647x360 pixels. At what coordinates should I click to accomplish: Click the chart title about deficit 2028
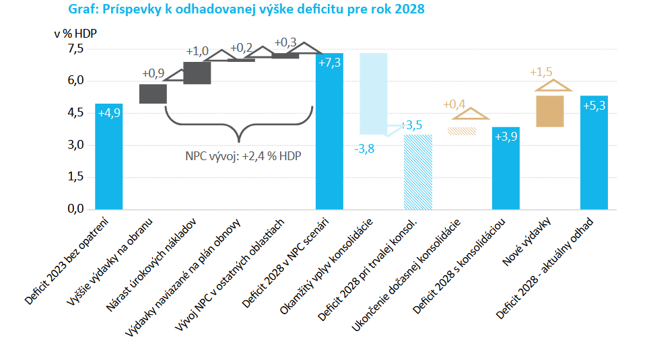(x=246, y=10)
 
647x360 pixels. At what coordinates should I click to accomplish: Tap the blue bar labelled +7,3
(x=329, y=131)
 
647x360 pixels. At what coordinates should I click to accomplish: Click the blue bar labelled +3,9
(x=506, y=168)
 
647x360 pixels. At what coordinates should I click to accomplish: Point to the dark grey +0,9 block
(x=153, y=94)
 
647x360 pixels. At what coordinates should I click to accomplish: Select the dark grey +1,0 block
(x=197, y=73)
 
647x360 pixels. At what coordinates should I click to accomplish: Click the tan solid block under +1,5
(x=550, y=111)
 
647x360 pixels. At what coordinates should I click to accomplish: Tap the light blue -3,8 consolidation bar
(x=373, y=94)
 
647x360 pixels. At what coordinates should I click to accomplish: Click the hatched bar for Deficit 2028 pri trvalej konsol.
(x=417, y=172)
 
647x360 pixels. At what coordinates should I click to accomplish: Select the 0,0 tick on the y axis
(x=75, y=209)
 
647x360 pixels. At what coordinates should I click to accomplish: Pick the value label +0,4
(x=454, y=104)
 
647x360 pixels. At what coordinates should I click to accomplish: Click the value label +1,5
(x=541, y=72)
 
